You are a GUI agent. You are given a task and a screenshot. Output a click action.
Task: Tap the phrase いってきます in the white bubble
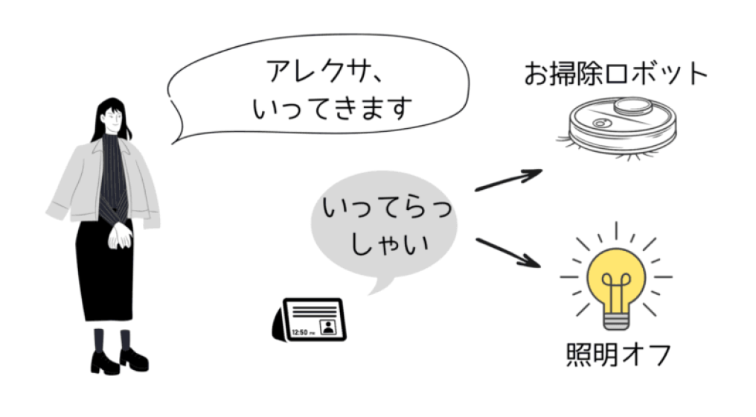(x=333, y=108)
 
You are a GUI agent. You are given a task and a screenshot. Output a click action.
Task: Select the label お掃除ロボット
(x=615, y=74)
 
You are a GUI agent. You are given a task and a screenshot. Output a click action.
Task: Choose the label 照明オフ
(x=618, y=354)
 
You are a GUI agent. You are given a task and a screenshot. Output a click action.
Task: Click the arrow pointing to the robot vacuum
(x=508, y=179)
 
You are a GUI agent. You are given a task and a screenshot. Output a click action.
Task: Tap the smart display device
(x=310, y=319)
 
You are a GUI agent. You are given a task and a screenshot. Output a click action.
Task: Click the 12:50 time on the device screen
(x=301, y=333)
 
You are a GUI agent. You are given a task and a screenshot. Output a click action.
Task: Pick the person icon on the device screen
(x=328, y=327)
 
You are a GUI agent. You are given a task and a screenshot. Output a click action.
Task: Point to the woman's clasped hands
(x=120, y=235)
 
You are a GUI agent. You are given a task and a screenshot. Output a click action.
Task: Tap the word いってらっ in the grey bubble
(x=387, y=208)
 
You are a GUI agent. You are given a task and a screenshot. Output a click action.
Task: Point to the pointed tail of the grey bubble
(x=371, y=293)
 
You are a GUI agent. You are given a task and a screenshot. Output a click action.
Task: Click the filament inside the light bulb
(x=615, y=290)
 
